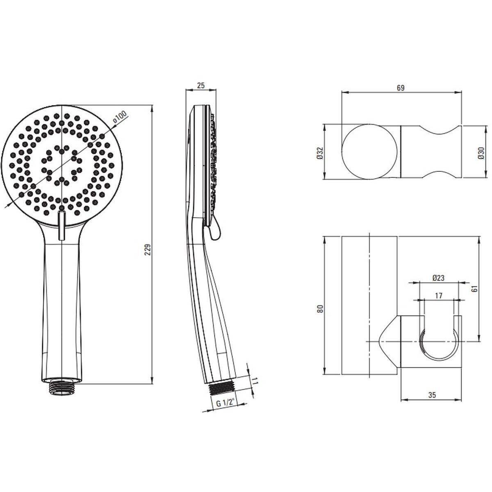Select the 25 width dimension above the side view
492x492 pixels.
201,85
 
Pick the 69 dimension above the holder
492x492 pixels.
401,88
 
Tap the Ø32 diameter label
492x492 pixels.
320,153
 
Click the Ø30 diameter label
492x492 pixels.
481,153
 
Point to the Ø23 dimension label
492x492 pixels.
438,278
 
